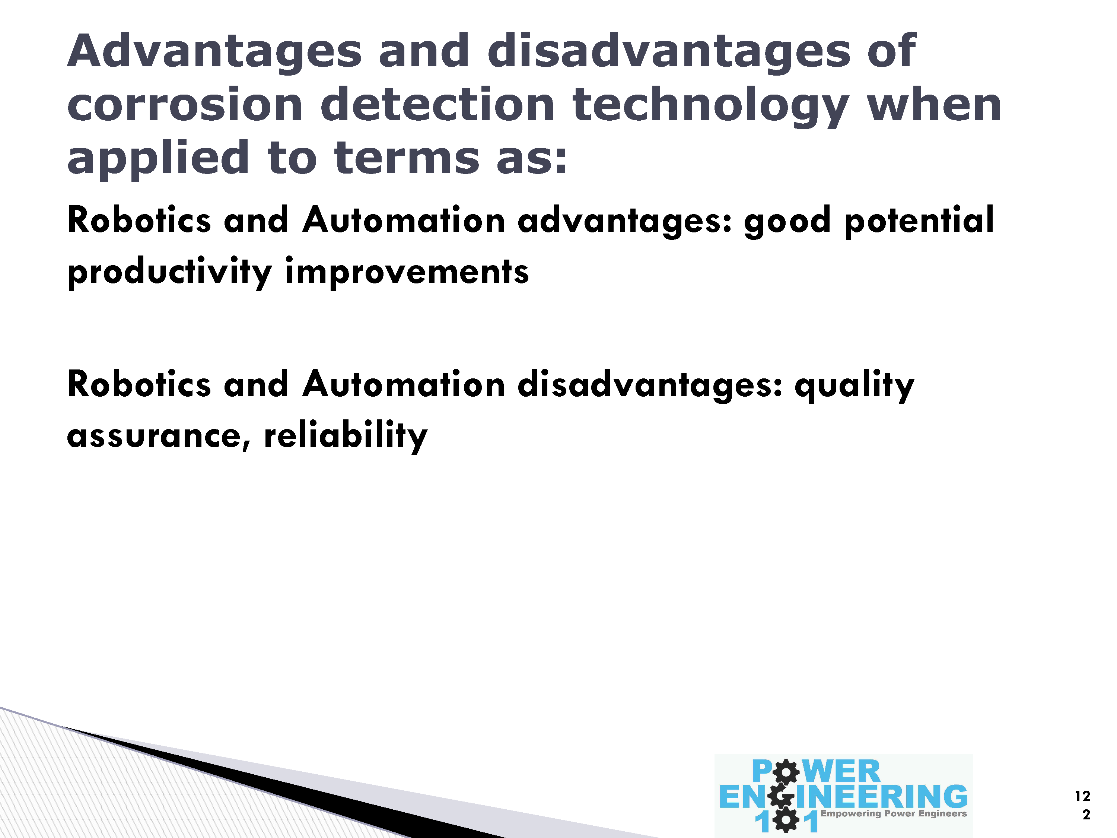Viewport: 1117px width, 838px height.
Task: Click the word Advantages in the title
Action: tap(214, 53)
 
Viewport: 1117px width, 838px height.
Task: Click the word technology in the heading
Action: tap(711, 107)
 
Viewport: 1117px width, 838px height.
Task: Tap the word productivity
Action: tap(170, 273)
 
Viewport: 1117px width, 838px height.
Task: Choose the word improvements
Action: tap(407, 273)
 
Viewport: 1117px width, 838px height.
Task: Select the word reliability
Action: tap(346, 436)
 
